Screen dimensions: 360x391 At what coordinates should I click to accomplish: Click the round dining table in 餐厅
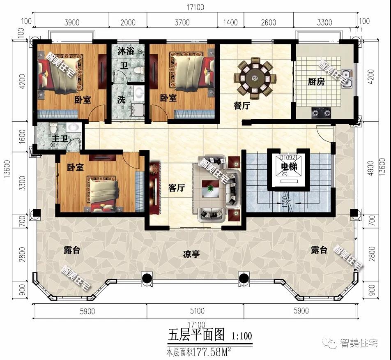click(255, 77)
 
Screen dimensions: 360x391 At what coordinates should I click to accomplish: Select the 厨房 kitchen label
click(316, 82)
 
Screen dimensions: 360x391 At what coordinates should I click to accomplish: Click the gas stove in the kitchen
click(322, 111)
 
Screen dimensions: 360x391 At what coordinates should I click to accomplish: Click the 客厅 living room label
click(177, 188)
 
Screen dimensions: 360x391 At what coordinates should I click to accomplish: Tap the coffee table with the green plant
click(211, 189)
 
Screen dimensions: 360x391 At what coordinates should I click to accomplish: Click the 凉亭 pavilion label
click(191, 254)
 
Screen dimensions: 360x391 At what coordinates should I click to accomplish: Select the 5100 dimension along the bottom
click(195, 311)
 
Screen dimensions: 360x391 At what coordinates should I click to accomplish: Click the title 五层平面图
click(196, 335)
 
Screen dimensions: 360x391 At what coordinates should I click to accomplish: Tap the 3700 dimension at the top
click(182, 22)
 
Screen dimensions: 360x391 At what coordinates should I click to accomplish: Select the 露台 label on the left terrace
click(72, 250)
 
